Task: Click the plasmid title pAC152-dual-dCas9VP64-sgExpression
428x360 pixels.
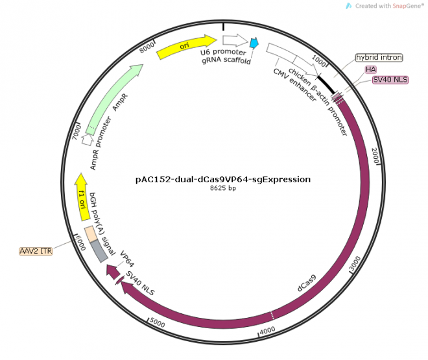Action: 219,179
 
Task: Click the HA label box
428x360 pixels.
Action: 371,69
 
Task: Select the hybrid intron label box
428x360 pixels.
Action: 379,57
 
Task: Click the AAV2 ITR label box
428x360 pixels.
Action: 36,250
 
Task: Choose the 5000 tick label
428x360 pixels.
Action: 158,320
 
